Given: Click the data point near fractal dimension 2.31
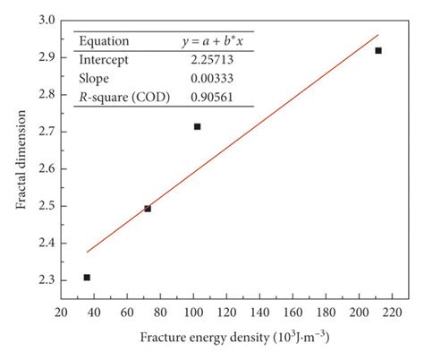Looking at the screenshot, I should [87, 278].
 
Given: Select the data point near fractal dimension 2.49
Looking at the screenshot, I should [148, 209].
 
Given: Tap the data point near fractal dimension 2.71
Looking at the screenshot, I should [197, 126].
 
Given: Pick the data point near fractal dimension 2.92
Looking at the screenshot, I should [378, 50].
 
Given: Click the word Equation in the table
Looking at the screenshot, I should [104, 40].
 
